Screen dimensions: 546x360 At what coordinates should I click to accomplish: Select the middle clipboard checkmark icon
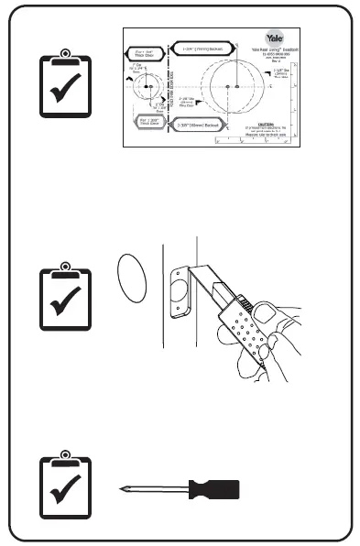point(64,299)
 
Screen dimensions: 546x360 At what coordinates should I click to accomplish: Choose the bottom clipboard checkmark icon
point(64,487)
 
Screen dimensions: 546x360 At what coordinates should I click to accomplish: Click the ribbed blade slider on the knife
point(246,301)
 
